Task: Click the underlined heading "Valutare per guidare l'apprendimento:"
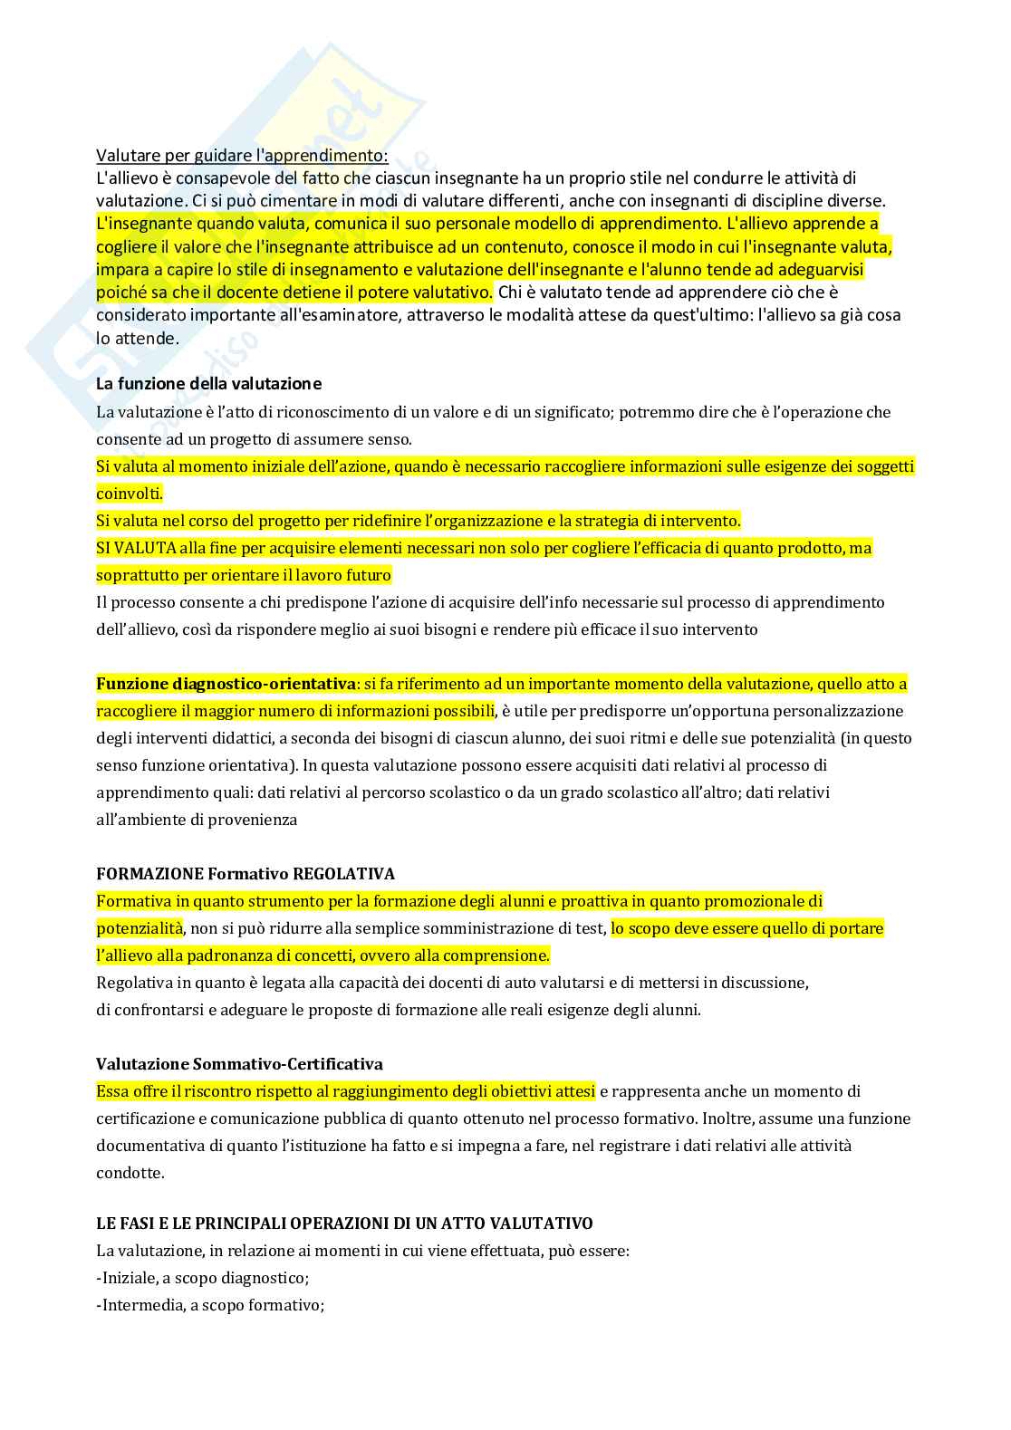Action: point(242,156)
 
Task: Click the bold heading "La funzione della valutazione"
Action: point(208,384)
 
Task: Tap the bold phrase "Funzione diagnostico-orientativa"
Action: point(226,684)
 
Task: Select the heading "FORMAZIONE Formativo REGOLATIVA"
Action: point(246,874)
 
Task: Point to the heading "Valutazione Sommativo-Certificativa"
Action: point(239,1064)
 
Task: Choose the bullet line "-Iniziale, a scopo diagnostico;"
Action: point(203,1278)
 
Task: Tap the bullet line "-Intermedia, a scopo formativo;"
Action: point(210,1305)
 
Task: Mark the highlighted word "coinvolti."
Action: point(130,494)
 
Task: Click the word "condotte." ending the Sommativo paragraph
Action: point(130,1173)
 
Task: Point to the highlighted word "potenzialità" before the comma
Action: point(140,928)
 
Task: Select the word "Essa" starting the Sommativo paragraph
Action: point(112,1091)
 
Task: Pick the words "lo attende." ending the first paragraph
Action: point(138,339)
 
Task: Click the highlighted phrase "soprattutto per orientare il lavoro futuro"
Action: point(244,575)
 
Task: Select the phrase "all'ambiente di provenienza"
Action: point(197,820)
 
